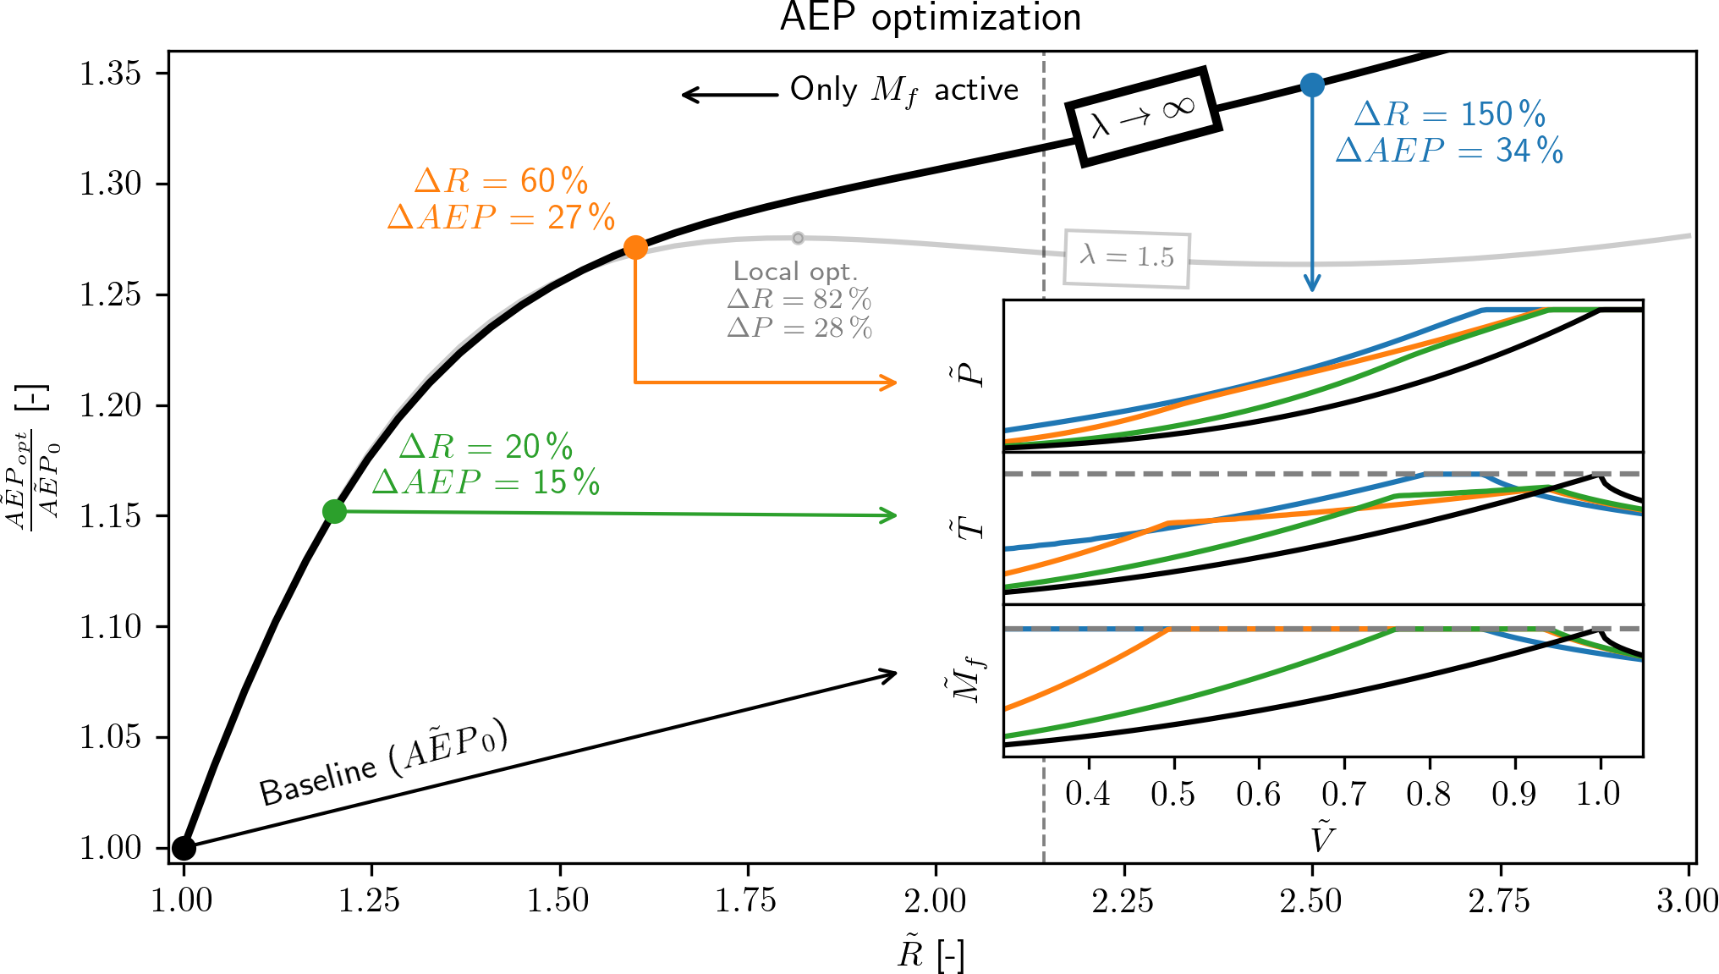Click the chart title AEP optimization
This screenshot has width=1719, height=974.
click(931, 17)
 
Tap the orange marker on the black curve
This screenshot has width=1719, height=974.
click(635, 247)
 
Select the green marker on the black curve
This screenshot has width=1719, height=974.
click(334, 511)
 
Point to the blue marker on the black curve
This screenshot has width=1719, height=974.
click(1312, 85)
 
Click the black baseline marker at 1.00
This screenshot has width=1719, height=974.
click(184, 847)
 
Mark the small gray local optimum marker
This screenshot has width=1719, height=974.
click(798, 238)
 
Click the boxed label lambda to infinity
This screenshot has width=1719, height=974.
click(1142, 117)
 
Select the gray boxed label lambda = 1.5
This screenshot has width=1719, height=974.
click(1127, 257)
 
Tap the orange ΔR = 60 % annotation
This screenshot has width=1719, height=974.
click(501, 181)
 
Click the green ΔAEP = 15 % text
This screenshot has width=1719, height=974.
click(486, 482)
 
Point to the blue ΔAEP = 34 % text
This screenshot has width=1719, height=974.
click(1449, 151)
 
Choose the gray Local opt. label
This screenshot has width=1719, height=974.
click(795, 272)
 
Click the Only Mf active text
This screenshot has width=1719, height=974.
click(903, 90)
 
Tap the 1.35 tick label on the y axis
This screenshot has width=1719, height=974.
click(111, 74)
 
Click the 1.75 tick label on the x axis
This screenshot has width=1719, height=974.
click(745, 900)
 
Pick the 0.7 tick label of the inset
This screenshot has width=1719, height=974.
click(1343, 794)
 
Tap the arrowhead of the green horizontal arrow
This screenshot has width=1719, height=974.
click(890, 515)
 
